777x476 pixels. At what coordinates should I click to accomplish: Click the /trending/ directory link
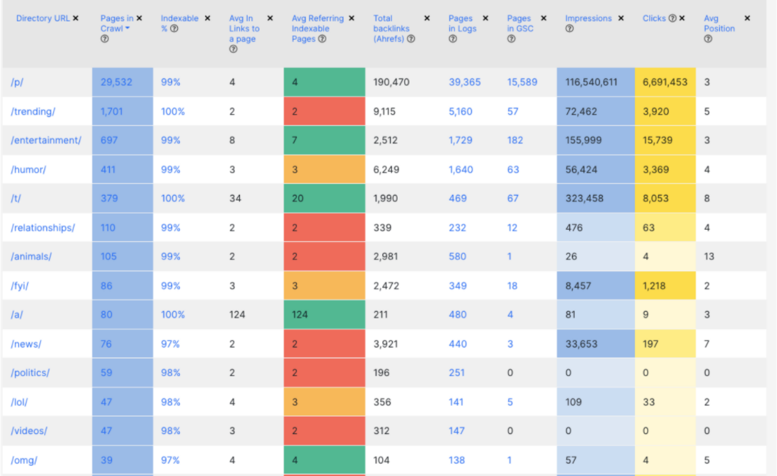pos(33,111)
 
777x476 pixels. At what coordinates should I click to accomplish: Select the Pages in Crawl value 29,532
pos(116,82)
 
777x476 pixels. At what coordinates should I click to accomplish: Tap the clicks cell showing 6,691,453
pos(665,82)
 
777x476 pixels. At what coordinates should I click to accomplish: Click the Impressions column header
pos(588,19)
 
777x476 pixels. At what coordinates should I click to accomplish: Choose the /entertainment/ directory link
pos(46,141)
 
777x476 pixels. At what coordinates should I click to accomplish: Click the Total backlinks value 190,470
pos(391,82)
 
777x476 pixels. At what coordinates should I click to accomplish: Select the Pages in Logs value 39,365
pos(465,82)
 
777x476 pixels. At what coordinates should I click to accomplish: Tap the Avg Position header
pos(719,24)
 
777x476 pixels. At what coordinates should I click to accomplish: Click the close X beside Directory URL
pos(76,18)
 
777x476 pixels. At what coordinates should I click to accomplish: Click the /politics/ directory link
pos(31,373)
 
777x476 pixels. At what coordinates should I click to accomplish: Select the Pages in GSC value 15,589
pos(522,82)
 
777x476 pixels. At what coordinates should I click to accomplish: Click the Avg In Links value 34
pos(235,198)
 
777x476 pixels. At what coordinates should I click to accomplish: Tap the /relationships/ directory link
pos(43,228)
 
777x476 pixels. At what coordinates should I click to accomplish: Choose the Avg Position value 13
pos(709,256)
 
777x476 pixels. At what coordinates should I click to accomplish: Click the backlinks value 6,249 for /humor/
pos(386,169)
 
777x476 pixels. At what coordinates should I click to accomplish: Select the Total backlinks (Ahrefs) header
pos(390,29)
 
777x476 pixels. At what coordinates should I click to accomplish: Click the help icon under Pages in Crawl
pos(104,39)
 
